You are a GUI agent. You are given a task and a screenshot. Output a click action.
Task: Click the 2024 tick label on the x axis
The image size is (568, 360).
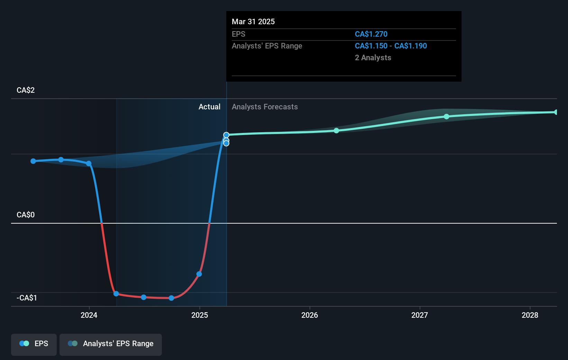point(89,315)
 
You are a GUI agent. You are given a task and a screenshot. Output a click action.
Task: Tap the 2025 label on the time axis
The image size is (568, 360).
point(200,315)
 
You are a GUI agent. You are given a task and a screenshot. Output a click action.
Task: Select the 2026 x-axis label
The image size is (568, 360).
point(310,315)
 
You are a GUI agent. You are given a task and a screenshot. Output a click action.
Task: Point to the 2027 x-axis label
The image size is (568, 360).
point(420,315)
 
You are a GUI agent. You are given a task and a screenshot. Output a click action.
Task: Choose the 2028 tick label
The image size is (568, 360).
point(530,315)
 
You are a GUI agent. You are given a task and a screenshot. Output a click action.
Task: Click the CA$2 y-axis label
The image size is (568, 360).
point(26,90)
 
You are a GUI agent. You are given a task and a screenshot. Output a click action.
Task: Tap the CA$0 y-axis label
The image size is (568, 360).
point(26,215)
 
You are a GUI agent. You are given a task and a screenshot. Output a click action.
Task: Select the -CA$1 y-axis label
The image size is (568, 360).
point(27,298)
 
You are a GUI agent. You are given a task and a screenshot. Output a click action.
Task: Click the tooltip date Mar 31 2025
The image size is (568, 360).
point(253,22)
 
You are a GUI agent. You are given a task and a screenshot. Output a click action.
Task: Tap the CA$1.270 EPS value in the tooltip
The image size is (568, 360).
point(371,34)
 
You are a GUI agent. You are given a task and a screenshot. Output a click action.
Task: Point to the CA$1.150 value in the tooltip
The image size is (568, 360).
point(371,46)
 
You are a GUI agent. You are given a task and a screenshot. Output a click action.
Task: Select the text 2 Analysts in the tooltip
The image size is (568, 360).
point(373,58)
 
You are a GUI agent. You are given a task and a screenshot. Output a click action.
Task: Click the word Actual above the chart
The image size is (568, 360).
point(209,107)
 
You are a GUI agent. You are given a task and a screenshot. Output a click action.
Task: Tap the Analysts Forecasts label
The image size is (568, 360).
point(265,107)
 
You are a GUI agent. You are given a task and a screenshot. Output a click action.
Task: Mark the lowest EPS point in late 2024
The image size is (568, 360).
point(171,298)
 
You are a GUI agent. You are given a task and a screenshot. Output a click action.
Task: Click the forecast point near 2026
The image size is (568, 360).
point(336,130)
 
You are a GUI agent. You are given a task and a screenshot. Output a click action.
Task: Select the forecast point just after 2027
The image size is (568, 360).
point(447,117)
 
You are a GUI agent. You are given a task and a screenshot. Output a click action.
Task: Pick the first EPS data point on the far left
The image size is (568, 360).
point(33,161)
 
